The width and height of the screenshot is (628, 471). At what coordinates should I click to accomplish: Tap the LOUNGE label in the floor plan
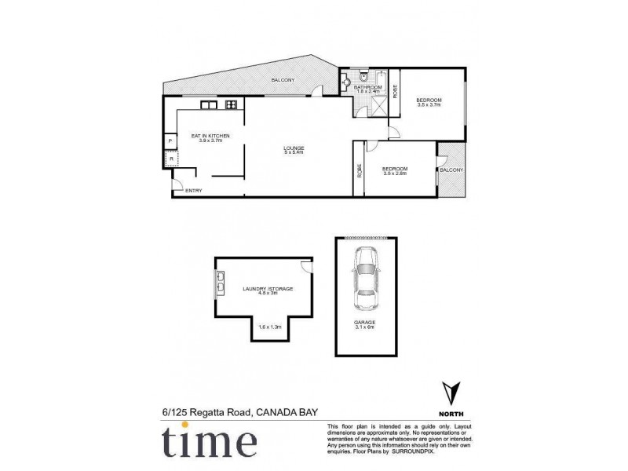pyautogui.click(x=294, y=149)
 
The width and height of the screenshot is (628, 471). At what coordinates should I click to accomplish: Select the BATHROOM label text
pyautogui.click(x=367, y=87)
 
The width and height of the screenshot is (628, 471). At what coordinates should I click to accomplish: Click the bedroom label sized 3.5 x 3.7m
pyautogui.click(x=429, y=100)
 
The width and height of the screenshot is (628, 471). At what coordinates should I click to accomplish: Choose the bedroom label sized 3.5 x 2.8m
pyautogui.click(x=394, y=170)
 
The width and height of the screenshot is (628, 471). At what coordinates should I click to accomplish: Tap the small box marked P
pyautogui.click(x=170, y=141)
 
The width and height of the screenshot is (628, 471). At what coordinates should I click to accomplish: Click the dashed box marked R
pyautogui.click(x=170, y=158)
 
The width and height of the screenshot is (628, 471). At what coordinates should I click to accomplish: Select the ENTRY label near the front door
pyautogui.click(x=193, y=191)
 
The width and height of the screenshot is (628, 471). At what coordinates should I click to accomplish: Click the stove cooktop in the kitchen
pyautogui.click(x=231, y=104)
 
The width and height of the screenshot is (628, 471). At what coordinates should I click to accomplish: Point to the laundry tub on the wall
pyautogui.click(x=219, y=282)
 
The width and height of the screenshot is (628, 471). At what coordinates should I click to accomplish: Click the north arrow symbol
pyautogui.click(x=449, y=392)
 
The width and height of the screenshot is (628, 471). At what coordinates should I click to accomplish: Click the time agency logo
pyautogui.click(x=209, y=441)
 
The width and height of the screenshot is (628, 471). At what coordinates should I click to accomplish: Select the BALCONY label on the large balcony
pyautogui.click(x=283, y=81)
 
